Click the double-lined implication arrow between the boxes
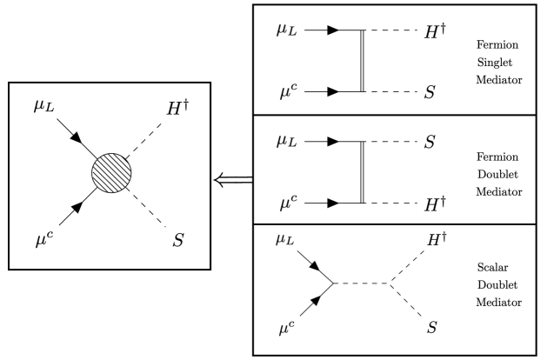pyautogui.click(x=232, y=180)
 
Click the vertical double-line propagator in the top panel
pyautogui.click(x=362, y=60)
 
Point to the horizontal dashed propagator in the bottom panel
pyautogui.click(x=363, y=283)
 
